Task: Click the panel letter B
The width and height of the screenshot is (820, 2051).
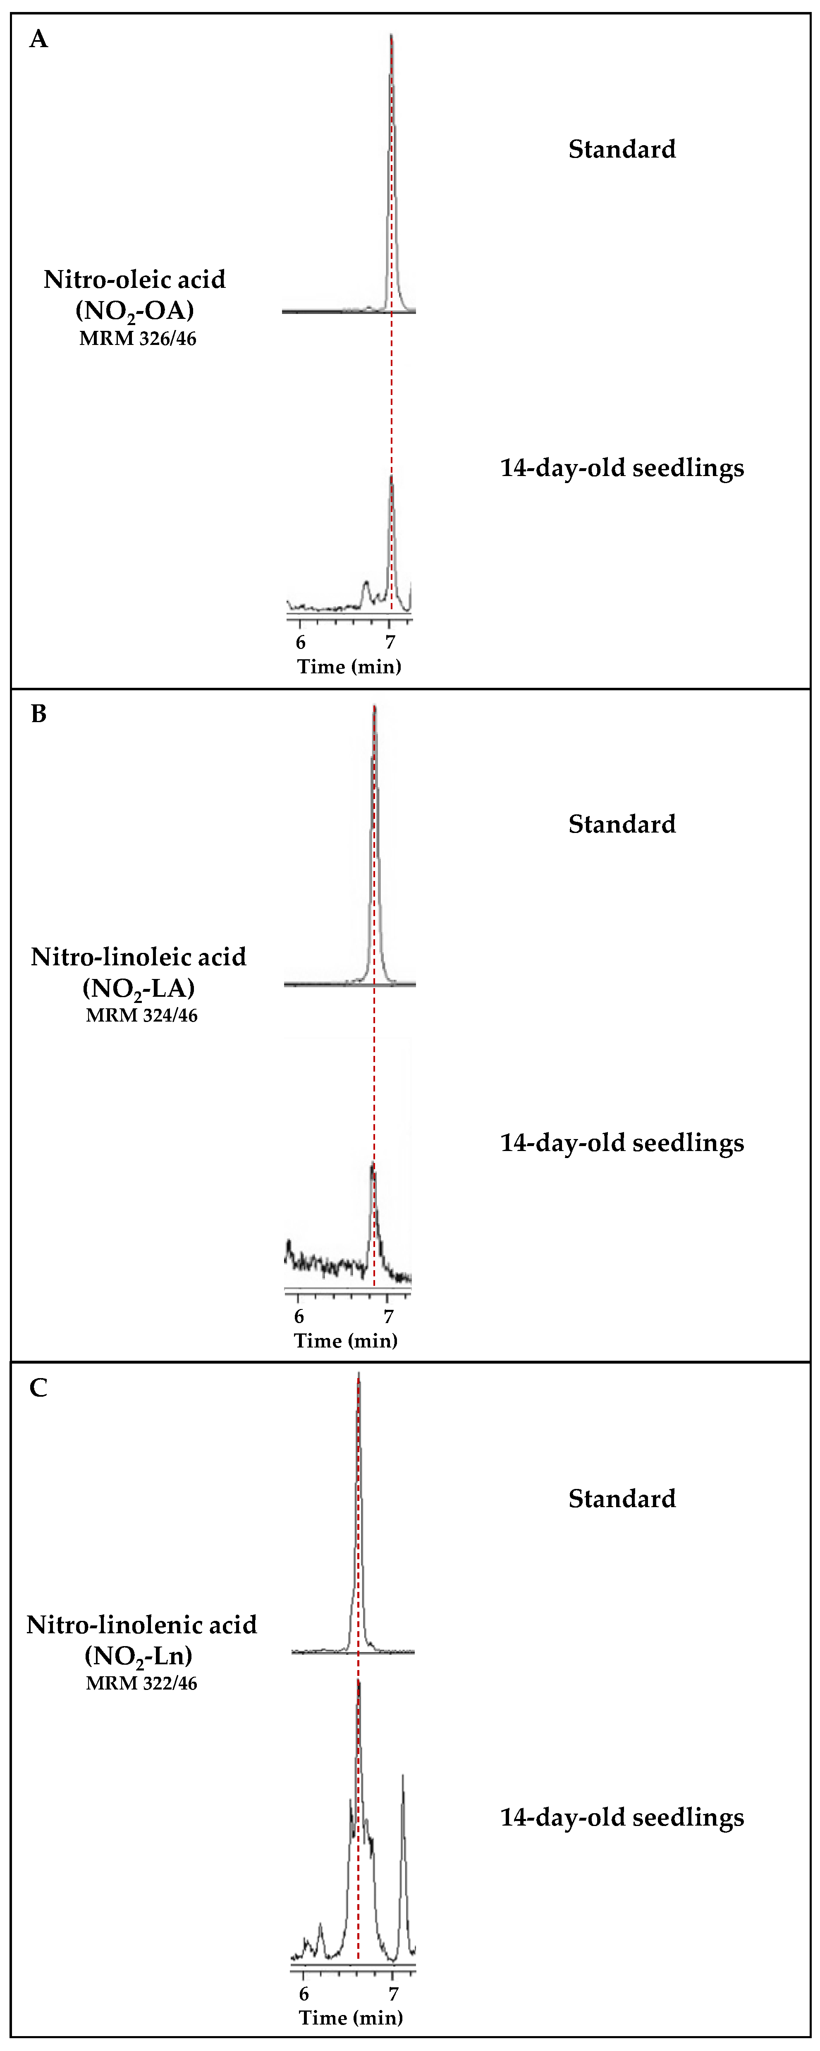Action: tap(38, 713)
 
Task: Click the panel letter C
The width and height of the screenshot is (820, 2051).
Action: tap(38, 1388)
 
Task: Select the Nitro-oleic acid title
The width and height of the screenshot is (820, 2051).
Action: tap(134, 280)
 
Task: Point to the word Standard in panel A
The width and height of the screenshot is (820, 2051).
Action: tap(622, 149)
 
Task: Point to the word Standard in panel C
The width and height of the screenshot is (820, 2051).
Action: tap(622, 1498)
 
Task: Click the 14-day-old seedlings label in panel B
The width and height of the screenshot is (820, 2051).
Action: tap(622, 1142)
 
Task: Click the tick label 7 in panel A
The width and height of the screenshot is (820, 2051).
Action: tap(390, 642)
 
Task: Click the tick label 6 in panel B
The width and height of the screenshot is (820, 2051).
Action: tap(299, 1316)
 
